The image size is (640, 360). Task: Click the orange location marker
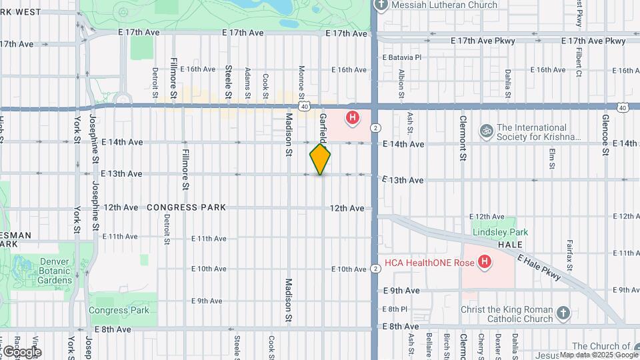[x=320, y=159]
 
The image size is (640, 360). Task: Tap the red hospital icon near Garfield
[x=352, y=119]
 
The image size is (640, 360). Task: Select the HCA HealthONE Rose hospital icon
[x=485, y=262]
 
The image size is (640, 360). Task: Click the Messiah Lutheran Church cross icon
[x=381, y=5]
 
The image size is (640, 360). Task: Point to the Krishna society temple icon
[x=487, y=132]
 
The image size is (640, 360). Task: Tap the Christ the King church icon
[x=563, y=313]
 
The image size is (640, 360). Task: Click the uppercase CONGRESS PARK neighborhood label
[x=186, y=207]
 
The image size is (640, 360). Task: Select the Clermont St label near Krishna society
[x=463, y=139]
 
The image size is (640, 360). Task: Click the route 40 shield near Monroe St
[x=304, y=106]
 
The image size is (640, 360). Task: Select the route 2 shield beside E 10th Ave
[x=376, y=268]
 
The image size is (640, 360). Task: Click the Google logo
[x=21, y=351]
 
